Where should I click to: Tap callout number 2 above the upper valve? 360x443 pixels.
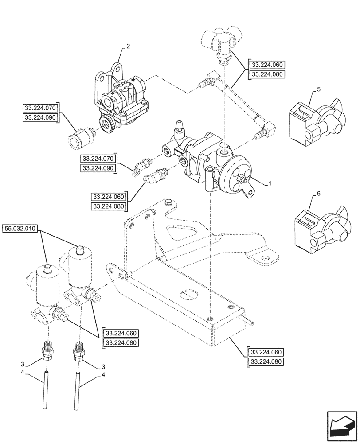[128, 46]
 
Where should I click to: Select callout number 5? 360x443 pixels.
[319, 90]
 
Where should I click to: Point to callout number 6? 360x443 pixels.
[318, 194]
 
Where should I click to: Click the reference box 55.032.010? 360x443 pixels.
[21, 229]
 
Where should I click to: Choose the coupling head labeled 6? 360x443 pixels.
[318, 226]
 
